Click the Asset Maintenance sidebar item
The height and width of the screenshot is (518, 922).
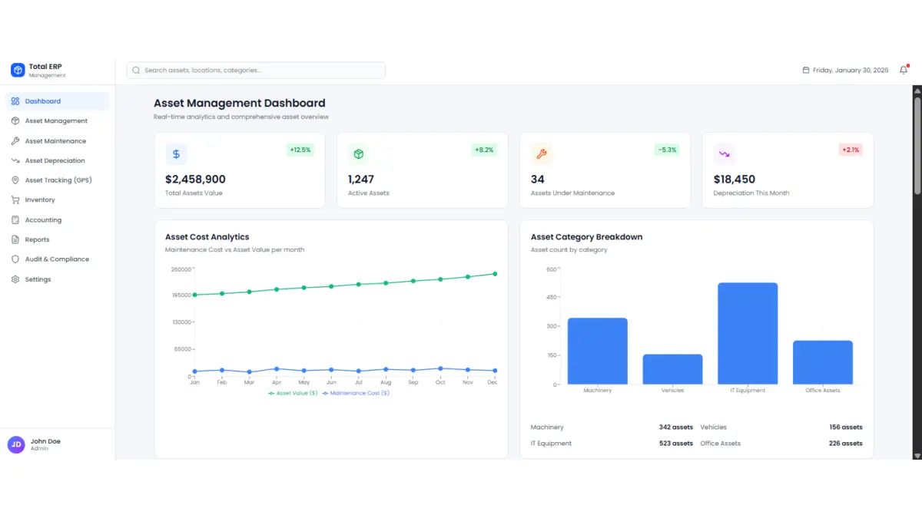(55, 141)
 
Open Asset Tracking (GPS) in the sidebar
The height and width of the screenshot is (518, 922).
(58, 180)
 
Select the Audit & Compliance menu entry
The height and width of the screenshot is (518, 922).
(57, 259)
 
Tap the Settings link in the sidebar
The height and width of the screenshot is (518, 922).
(38, 279)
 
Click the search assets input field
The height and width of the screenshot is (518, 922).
(256, 71)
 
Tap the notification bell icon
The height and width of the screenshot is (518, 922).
(904, 70)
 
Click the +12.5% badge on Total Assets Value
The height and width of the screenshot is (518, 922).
(300, 150)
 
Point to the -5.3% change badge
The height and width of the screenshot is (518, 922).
(666, 150)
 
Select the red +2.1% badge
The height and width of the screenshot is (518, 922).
(851, 150)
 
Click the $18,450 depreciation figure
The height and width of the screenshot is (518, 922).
(734, 180)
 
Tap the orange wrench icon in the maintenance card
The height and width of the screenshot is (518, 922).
(542, 154)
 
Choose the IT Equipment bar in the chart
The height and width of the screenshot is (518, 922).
(748, 333)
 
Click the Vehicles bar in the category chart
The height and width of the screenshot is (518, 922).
(672, 368)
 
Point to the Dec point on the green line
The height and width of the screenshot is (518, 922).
(495, 274)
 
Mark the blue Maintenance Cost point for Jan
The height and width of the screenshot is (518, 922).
(194, 371)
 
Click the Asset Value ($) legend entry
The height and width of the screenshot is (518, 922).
(293, 393)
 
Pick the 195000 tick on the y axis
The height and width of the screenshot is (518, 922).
(181, 295)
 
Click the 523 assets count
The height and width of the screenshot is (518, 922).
(675, 444)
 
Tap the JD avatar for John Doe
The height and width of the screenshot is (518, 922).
(16, 444)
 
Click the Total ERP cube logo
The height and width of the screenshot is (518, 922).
(18, 70)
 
